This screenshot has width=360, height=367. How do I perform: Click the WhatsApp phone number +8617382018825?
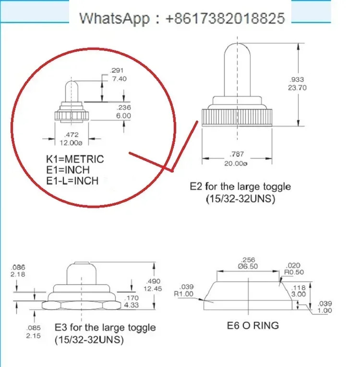point(225,18)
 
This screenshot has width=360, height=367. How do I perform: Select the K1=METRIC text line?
point(75,159)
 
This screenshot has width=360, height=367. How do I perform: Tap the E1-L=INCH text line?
point(72,181)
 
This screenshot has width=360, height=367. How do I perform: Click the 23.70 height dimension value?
point(297,88)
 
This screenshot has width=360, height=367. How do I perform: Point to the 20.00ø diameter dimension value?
point(236,163)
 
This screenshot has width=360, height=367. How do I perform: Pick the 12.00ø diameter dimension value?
point(71,143)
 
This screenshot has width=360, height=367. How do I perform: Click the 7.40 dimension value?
point(120,79)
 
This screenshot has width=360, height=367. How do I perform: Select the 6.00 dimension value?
point(123,116)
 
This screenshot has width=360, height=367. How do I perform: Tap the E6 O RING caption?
point(253,326)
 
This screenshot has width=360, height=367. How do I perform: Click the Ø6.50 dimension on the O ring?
point(248,266)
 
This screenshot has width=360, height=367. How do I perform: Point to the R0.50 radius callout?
point(294,272)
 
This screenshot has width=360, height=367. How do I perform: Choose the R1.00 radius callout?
point(184,294)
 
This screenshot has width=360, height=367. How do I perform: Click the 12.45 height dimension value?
point(153,289)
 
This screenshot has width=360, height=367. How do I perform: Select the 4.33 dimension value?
point(131,305)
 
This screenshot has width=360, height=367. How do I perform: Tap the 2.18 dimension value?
point(18,274)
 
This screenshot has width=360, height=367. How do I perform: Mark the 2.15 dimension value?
point(33,336)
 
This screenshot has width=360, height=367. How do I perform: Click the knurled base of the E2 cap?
point(237,118)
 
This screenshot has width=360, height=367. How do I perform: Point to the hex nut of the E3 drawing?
point(82,305)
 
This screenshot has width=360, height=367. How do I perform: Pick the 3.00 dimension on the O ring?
point(299,294)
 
